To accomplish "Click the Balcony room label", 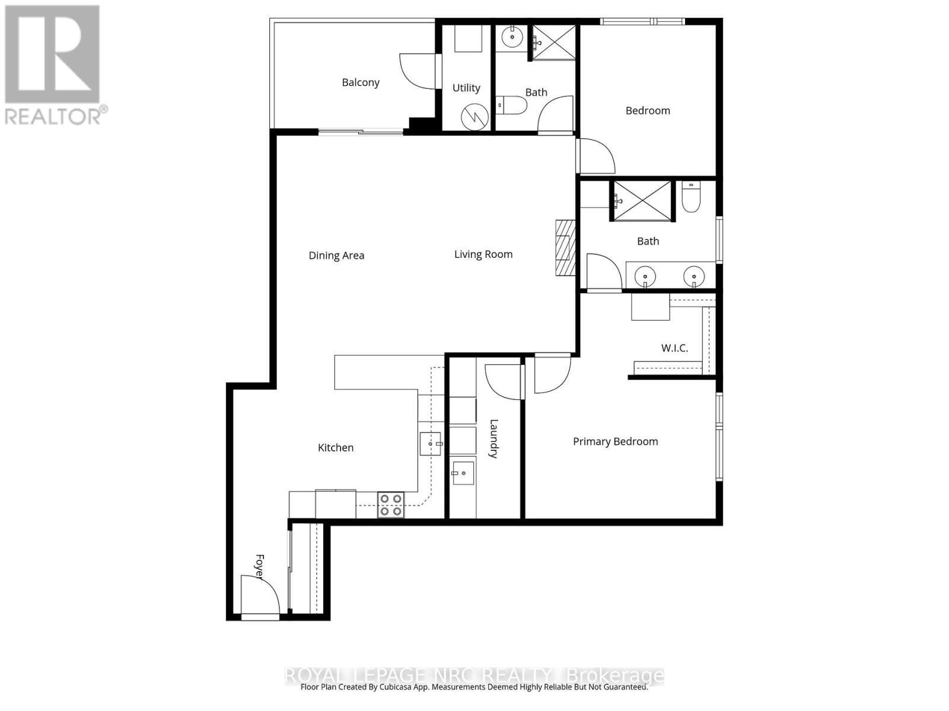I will pyautogui.click(x=361, y=82).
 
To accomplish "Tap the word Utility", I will pyautogui.click(x=466, y=88).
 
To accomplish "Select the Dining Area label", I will pyautogui.click(x=336, y=255).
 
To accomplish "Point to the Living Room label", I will pyautogui.click(x=483, y=254).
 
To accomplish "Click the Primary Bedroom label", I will pyautogui.click(x=615, y=441).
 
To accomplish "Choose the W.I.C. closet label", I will pyautogui.click(x=674, y=348).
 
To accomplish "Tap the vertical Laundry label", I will pyautogui.click(x=493, y=438).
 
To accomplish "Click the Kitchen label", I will pyautogui.click(x=336, y=447).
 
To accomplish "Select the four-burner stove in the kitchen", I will pyautogui.click(x=391, y=505).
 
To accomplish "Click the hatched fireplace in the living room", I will pyautogui.click(x=565, y=247).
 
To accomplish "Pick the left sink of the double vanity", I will pyautogui.click(x=645, y=276).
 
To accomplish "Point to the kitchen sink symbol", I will pyautogui.click(x=431, y=444).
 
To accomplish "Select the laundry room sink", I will pyautogui.click(x=463, y=473).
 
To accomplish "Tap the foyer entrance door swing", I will pyautogui.click(x=261, y=595).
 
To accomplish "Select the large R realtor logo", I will pyautogui.click(x=52, y=55).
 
